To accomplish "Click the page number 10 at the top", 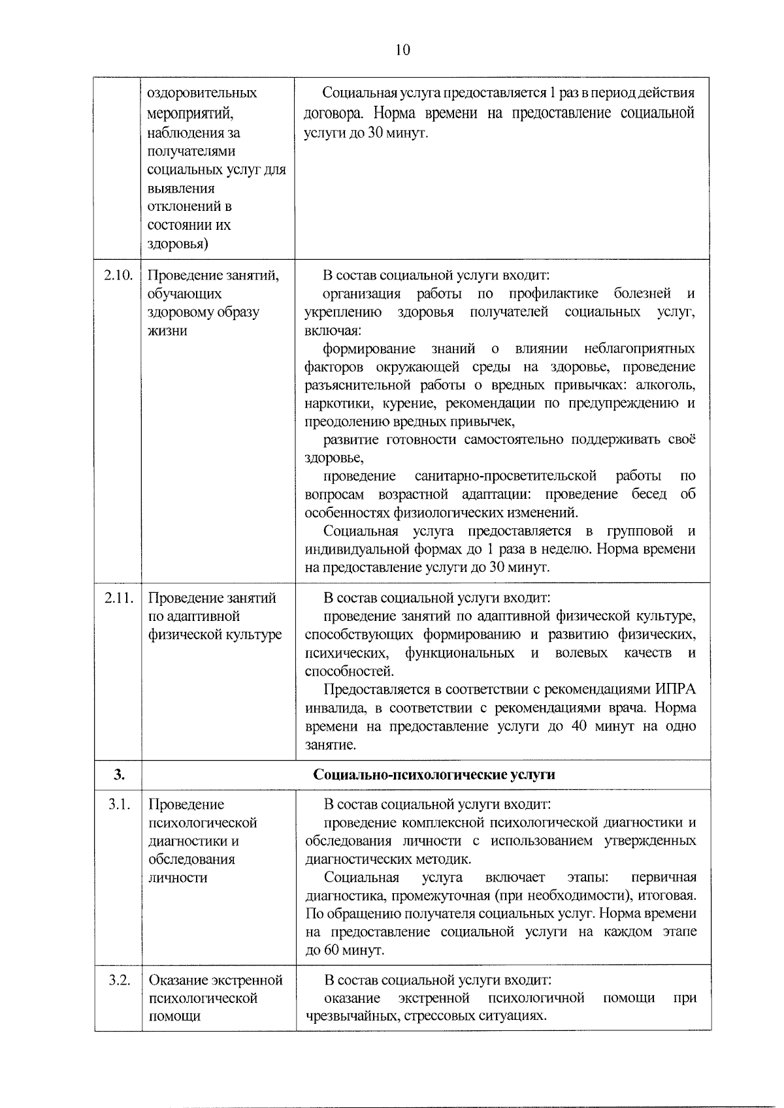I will (x=402, y=50).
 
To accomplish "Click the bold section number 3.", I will (x=118, y=775).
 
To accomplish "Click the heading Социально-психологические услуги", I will (x=434, y=775).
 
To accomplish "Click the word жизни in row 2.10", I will (x=167, y=330).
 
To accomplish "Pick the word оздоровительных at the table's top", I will (x=202, y=93).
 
